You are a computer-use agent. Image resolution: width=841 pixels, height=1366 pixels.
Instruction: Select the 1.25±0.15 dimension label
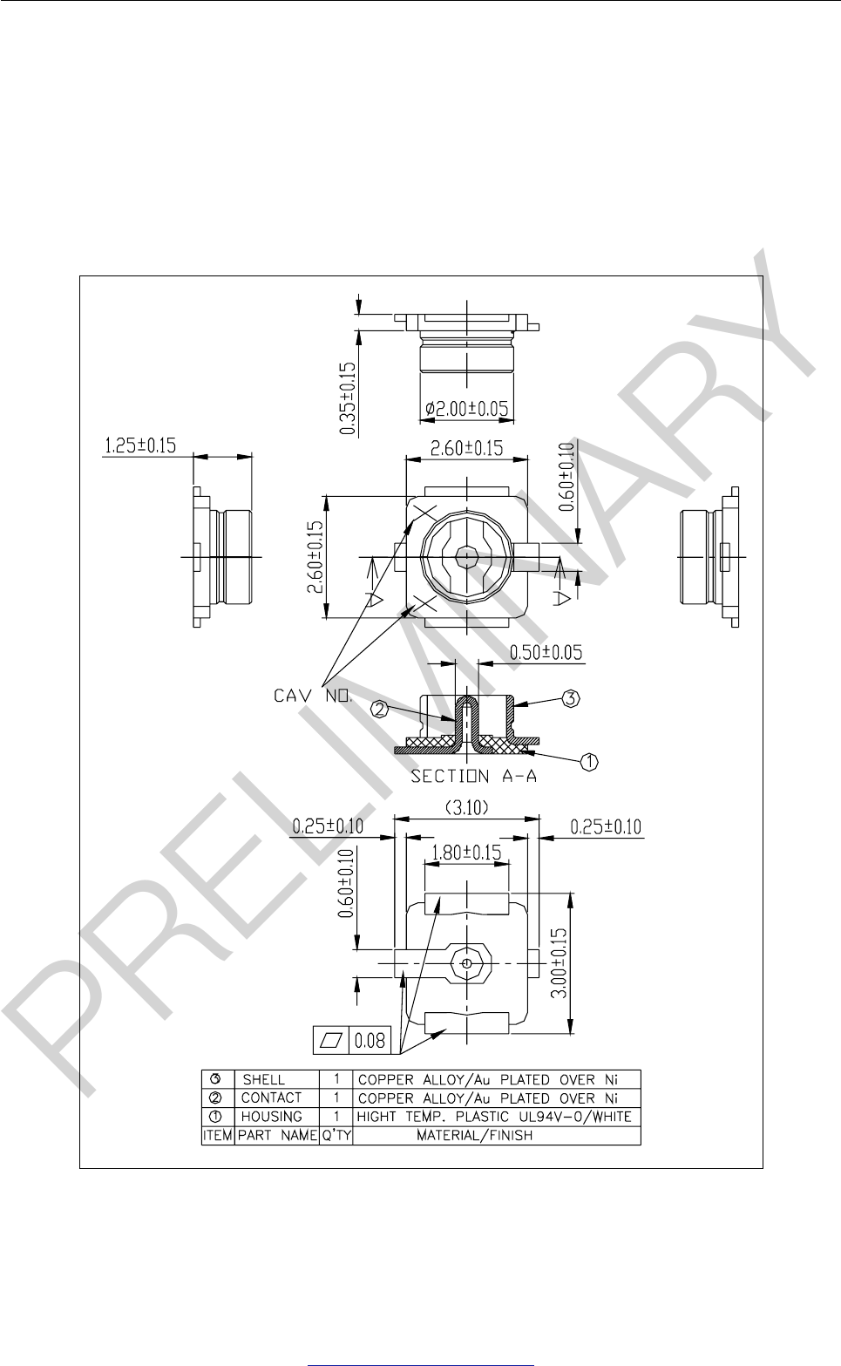click(x=139, y=445)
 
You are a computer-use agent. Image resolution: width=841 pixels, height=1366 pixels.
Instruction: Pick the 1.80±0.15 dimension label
click(x=466, y=852)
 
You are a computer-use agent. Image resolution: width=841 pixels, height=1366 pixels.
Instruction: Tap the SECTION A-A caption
click(x=474, y=777)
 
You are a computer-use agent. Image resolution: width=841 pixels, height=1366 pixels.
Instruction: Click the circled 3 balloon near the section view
click(x=570, y=697)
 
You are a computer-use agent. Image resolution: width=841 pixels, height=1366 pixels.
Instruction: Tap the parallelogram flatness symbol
click(x=331, y=1040)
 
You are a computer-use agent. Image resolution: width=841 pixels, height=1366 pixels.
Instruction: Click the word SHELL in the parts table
click(x=263, y=1079)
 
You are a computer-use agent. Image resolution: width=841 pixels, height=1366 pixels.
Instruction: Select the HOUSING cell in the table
click(x=271, y=1117)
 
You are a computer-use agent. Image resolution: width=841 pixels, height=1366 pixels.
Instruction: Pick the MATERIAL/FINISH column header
click(x=475, y=1136)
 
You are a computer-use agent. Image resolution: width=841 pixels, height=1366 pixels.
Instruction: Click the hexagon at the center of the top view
click(x=467, y=554)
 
